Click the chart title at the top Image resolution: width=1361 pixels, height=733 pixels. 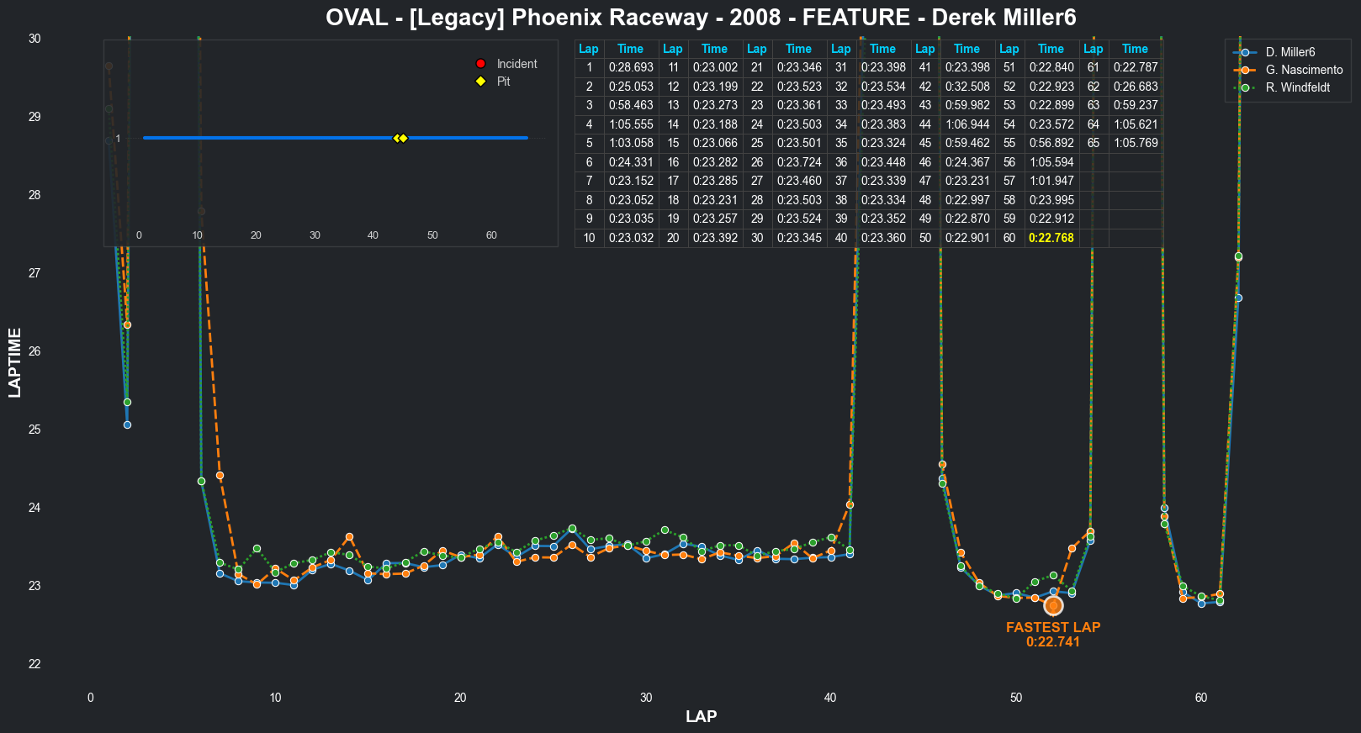tap(701, 18)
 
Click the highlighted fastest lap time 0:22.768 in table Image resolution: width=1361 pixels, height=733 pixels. tap(1051, 238)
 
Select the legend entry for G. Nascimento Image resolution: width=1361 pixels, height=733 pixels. tap(1304, 70)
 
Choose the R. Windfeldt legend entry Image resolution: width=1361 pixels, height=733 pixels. tap(1297, 87)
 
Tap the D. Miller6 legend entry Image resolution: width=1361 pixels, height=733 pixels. tap(1290, 52)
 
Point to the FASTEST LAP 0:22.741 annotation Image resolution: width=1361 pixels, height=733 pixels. tap(1052, 635)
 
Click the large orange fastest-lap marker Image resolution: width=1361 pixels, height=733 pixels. tap(1053, 605)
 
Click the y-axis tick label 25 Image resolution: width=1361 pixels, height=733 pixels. tap(34, 430)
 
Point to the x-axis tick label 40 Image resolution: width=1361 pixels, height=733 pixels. tap(830, 698)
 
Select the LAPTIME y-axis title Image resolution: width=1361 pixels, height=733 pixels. tap(15, 362)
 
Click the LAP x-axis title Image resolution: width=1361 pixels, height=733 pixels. tap(701, 716)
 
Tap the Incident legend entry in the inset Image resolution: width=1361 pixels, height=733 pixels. tap(516, 64)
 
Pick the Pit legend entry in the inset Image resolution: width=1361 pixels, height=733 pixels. tap(503, 82)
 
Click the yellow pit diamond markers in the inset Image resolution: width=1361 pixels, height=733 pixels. tap(400, 138)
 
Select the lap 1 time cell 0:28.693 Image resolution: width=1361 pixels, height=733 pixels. tap(631, 67)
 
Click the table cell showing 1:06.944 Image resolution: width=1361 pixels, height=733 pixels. tap(967, 124)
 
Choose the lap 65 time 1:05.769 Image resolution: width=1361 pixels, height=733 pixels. tap(1136, 143)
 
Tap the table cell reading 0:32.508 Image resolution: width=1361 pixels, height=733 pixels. tap(967, 87)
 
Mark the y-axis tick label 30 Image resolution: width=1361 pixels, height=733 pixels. tap(34, 39)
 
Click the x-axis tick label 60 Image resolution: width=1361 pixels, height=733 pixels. tap(1200, 698)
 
